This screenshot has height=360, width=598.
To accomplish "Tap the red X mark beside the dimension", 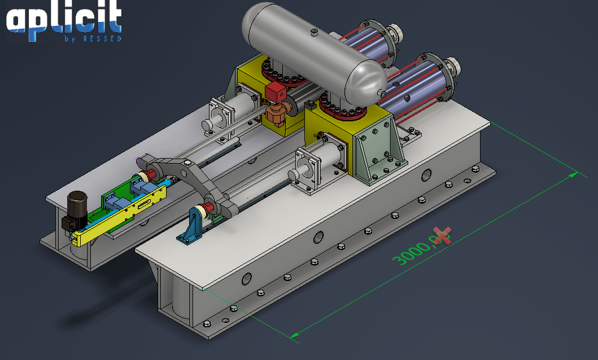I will pyautogui.click(x=443, y=235).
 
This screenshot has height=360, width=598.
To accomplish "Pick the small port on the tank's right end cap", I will pyautogui.click(x=383, y=92).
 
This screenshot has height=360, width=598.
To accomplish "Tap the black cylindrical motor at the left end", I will pyautogui.click(x=76, y=209).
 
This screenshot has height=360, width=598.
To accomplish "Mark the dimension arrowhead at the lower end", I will pyautogui.click(x=294, y=336).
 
